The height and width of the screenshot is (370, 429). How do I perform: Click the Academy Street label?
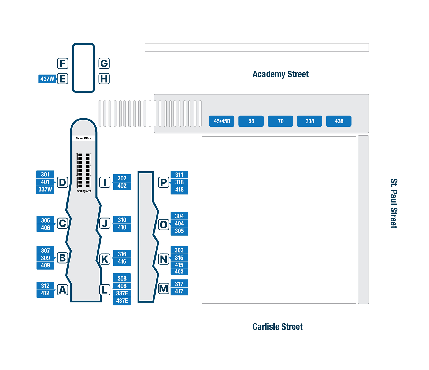[280, 74]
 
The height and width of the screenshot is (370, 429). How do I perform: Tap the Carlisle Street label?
[278, 327]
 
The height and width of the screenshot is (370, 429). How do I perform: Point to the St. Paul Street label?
[394, 203]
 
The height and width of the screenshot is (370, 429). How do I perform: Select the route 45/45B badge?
[222, 121]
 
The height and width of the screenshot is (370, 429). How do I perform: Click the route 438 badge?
[339, 121]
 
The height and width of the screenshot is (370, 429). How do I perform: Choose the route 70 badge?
[280, 121]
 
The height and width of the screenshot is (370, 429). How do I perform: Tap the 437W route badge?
[47, 79]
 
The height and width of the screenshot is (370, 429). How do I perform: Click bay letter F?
[62, 64]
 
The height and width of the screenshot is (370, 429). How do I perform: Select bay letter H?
[104, 79]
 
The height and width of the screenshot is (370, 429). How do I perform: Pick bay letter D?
[62, 182]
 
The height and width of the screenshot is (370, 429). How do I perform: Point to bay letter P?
[164, 182]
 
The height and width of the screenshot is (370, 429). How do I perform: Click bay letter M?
[164, 289]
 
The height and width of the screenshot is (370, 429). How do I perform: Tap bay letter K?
[105, 259]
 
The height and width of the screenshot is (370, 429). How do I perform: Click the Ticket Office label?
[84, 138]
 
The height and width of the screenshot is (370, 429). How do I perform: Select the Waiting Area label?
[84, 191]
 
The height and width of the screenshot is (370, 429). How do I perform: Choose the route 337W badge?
[45, 190]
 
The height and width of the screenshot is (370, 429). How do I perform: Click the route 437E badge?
[122, 301]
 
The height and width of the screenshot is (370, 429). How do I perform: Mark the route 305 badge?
[179, 231]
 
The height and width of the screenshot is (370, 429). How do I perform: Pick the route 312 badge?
[45, 286]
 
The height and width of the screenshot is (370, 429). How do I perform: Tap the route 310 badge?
[122, 220]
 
